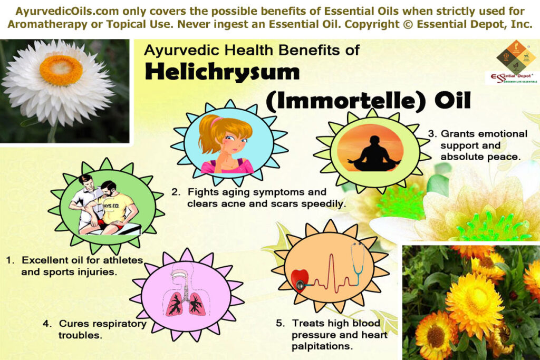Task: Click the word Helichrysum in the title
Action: [x=221, y=73]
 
